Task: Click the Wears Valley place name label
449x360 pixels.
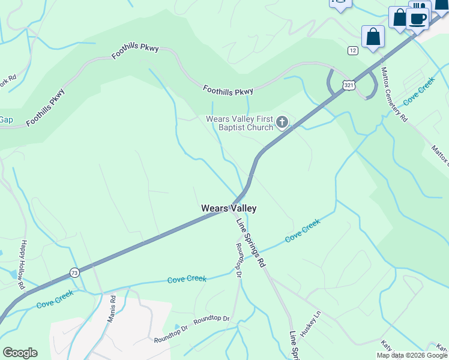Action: click(x=229, y=208)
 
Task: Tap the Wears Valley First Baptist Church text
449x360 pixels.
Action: click(x=240, y=123)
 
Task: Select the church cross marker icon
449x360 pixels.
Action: click(x=282, y=124)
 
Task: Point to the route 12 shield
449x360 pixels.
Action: click(x=352, y=50)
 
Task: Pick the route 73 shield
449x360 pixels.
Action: click(x=74, y=272)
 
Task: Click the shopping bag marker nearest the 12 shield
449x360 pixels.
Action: click(x=373, y=36)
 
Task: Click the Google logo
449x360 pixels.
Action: click(x=20, y=353)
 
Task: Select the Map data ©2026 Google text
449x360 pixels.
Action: click(x=412, y=355)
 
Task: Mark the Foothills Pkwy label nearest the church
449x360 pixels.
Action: click(x=228, y=91)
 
